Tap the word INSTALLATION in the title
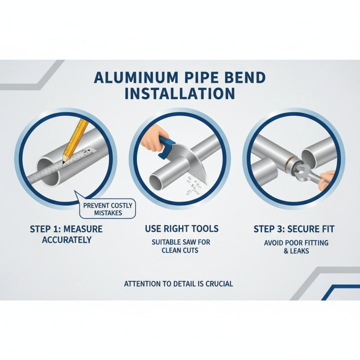(180, 94)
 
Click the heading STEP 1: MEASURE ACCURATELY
(66, 234)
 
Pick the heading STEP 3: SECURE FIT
(293, 229)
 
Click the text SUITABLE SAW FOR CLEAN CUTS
(180, 246)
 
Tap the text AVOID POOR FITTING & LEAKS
(296, 247)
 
